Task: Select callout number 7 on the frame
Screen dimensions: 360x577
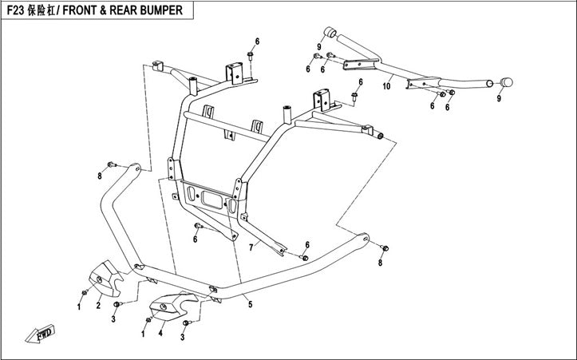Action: click(250, 249)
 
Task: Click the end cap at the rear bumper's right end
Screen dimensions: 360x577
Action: click(506, 81)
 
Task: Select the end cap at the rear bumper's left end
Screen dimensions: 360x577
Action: click(326, 32)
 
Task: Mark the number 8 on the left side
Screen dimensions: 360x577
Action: click(101, 175)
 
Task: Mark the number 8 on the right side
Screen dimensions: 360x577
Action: click(380, 262)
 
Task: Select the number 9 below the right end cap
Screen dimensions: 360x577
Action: click(500, 98)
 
